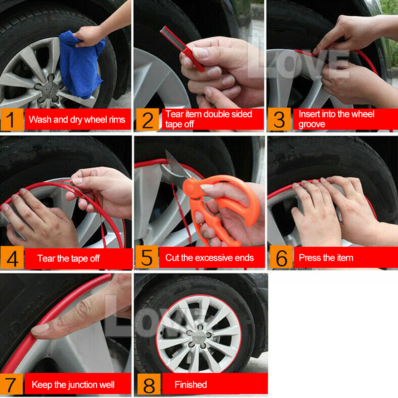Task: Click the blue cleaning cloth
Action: tap(82, 66)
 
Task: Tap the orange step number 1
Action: tap(12, 119)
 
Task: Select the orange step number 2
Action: tap(147, 119)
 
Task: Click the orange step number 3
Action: tap(279, 119)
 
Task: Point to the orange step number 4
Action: tap(12, 258)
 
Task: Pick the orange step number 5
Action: tap(146, 258)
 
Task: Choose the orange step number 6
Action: tap(281, 258)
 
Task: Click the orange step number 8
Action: tap(148, 385)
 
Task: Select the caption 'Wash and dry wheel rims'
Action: tap(77, 119)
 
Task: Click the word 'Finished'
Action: tap(191, 385)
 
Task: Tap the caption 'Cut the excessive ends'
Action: tap(209, 258)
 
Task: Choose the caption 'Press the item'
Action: tap(326, 258)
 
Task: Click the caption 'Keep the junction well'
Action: tap(73, 385)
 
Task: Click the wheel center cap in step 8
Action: tap(198, 336)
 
